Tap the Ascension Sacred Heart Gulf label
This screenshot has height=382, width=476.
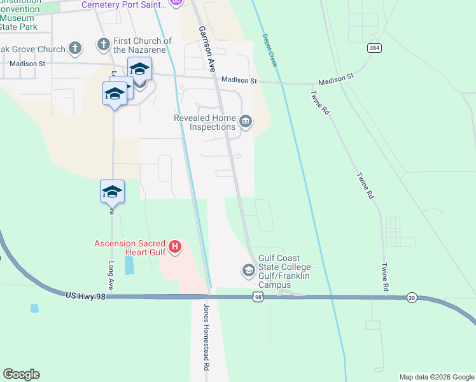pos(130,248)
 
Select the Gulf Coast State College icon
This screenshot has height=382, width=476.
pos(248,271)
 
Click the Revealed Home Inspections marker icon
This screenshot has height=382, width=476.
pos(246,120)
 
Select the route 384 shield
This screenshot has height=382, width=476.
pos(374,48)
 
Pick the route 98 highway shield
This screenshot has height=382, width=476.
pos(257,297)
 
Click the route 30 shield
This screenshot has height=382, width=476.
pos(412,297)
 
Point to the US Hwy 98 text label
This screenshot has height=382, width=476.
pos(85,295)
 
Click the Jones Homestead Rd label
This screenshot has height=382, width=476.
pos(206,337)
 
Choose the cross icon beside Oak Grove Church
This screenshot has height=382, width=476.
pos(75,48)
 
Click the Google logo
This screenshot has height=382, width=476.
pos(21,374)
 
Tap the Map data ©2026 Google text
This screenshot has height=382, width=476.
pos(437,377)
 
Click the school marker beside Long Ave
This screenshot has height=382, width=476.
pos(112,192)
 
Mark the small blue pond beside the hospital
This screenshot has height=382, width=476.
pos(130,265)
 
